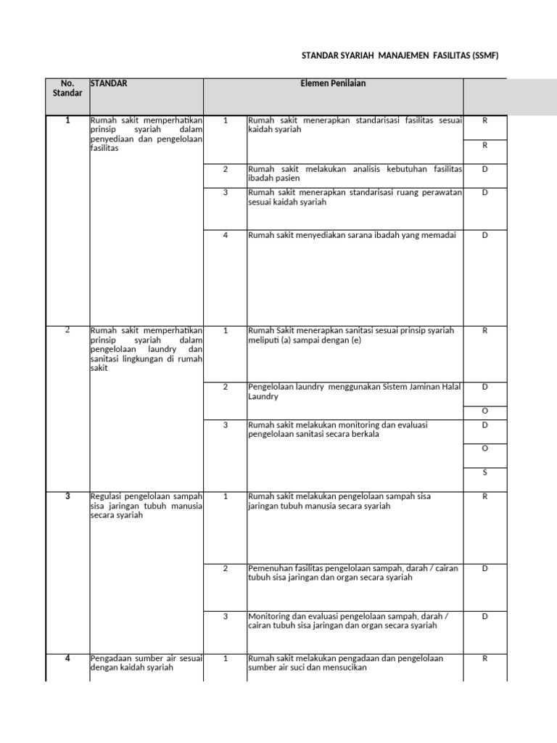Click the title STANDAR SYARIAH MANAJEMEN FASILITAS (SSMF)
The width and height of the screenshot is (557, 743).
tap(400, 56)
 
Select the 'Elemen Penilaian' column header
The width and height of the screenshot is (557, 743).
tap(333, 83)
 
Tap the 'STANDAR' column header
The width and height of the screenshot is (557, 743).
tap(109, 83)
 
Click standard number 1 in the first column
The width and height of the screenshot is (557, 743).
tap(67, 120)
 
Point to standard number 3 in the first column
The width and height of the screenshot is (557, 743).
tap(67, 496)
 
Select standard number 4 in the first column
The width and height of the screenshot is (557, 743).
tap(67, 658)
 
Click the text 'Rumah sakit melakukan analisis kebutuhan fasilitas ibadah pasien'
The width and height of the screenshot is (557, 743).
tap(355, 173)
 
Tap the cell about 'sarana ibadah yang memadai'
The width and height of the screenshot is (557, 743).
tap(352, 235)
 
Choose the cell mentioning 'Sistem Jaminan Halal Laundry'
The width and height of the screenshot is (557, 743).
tap(355, 392)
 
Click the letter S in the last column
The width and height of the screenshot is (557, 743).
tap(485, 473)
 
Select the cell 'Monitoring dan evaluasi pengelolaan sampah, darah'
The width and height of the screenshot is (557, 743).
tap(348, 620)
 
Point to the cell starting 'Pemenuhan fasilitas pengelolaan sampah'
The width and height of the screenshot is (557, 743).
tap(353, 573)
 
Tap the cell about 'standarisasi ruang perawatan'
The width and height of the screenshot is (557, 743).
tap(355, 197)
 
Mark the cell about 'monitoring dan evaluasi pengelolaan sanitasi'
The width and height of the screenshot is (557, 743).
tap(337, 430)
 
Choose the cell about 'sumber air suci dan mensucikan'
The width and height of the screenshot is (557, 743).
tap(345, 663)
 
